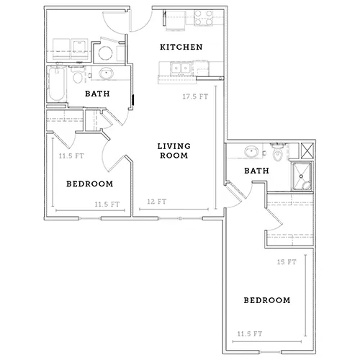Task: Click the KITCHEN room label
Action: [x=181, y=47]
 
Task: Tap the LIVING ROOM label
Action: [x=174, y=150]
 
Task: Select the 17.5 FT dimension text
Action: [x=195, y=96]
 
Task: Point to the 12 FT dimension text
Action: [x=157, y=202]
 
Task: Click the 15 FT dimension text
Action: [x=287, y=262]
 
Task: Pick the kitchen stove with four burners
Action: [x=204, y=18]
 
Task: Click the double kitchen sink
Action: [x=181, y=68]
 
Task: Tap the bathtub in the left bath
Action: [x=57, y=84]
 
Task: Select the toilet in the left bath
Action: [x=78, y=76]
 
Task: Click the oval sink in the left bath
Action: [x=107, y=73]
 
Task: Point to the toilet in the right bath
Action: [x=277, y=153]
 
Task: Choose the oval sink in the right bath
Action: [x=251, y=151]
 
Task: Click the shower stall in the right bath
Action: [x=302, y=176]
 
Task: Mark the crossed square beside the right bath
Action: [x=307, y=150]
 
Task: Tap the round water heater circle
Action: [x=105, y=53]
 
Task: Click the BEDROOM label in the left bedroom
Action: [x=90, y=184]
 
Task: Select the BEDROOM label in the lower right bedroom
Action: [x=267, y=300]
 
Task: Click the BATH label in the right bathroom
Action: [x=256, y=171]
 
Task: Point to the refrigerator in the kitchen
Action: [x=176, y=21]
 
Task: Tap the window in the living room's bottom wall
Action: [x=180, y=218]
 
